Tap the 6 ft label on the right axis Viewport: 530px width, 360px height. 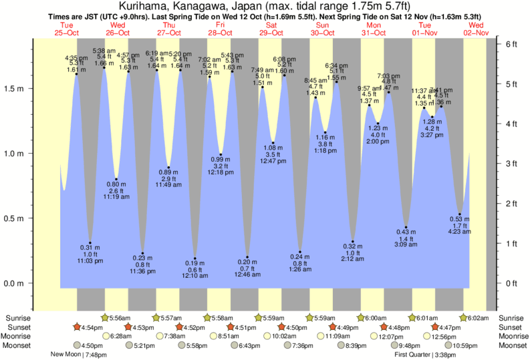pyautogui.click(x=512, y=44)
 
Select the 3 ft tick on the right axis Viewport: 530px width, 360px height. pyautogui.click(x=512, y=164)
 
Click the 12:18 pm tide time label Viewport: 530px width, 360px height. pyautogui.click(x=221, y=172)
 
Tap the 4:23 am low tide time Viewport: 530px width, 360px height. pyautogui.click(x=459, y=232)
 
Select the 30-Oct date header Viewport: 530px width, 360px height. pyautogui.click(x=322, y=33)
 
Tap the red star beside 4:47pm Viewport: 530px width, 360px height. pyautogui.click(x=436, y=327)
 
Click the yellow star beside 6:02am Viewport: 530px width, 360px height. pyautogui.click(x=465, y=318)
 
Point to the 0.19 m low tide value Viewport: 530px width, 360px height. pyautogui.click(x=195, y=264)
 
